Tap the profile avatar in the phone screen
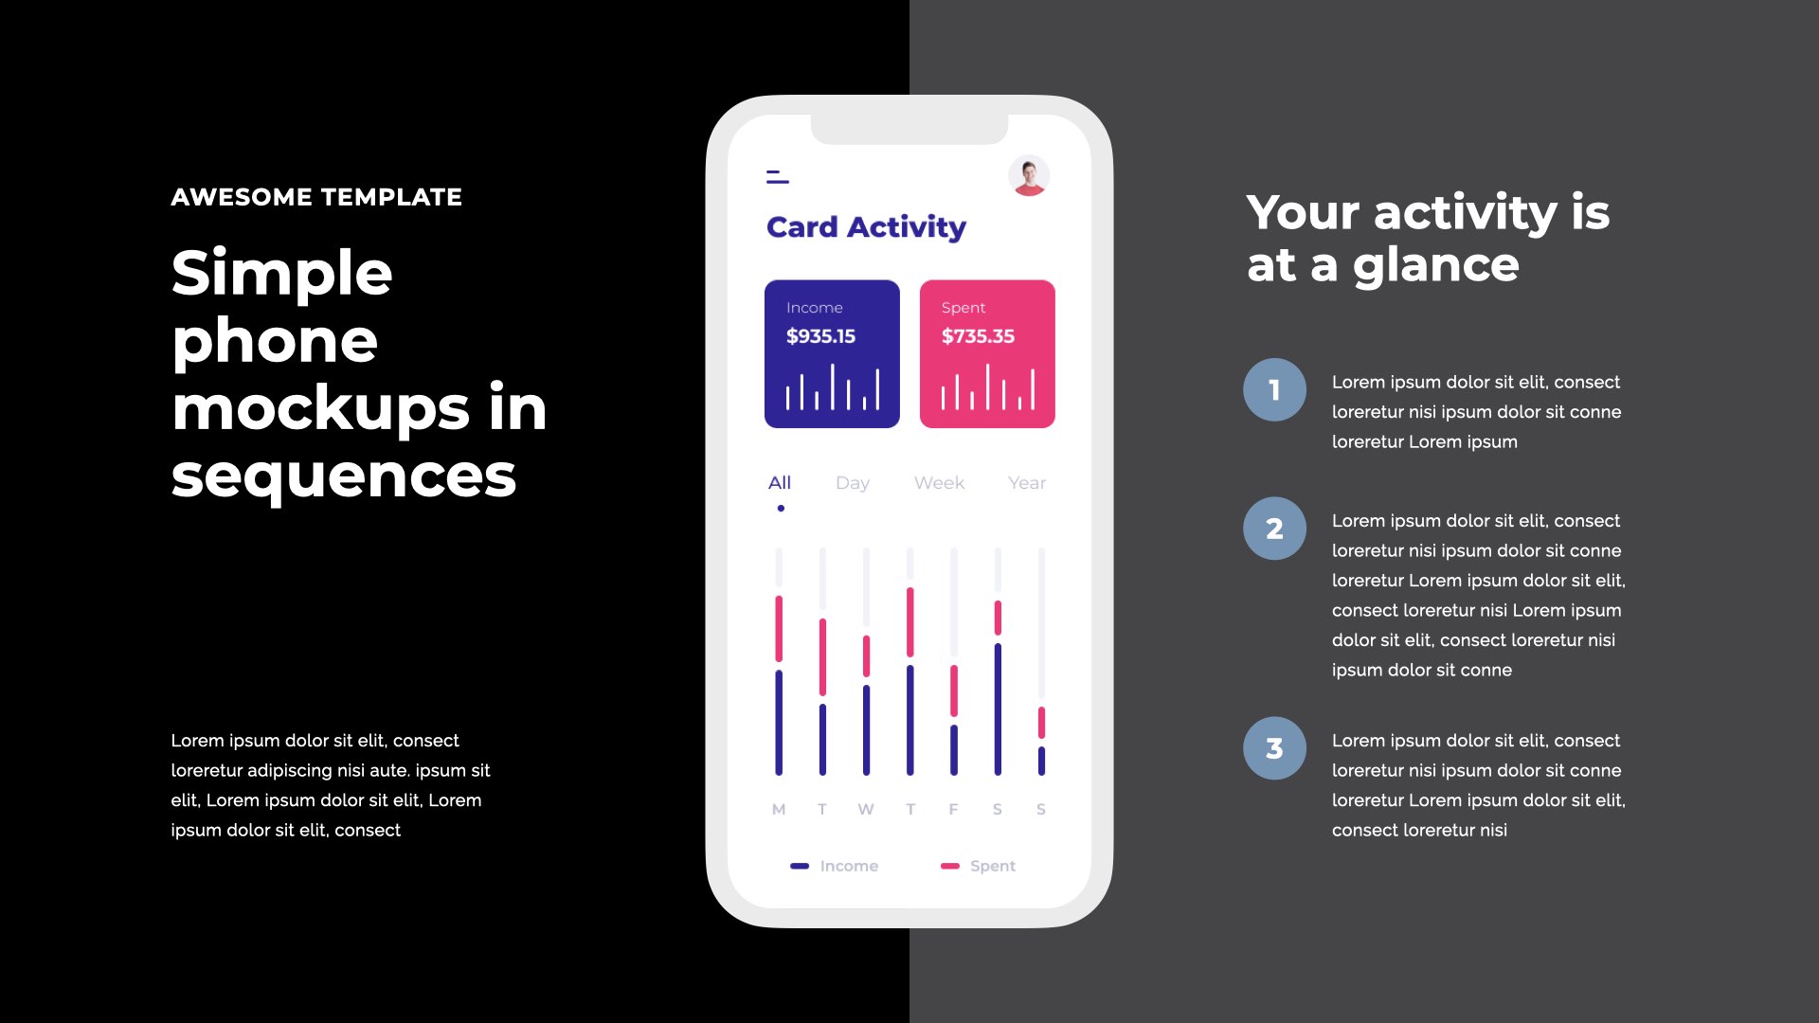click(x=1029, y=176)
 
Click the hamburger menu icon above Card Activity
click(x=778, y=176)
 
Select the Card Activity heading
click(x=866, y=227)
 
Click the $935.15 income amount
click(x=820, y=336)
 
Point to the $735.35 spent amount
click(x=978, y=336)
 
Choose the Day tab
click(x=853, y=483)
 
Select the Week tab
click(x=939, y=483)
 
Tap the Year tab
click(x=1027, y=483)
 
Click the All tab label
click(x=780, y=482)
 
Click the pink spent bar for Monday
click(x=779, y=629)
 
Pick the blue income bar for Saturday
click(x=998, y=709)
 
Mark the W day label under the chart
click(x=866, y=809)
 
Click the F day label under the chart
click(x=954, y=809)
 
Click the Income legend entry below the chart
click(x=835, y=866)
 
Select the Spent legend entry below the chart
click(x=978, y=866)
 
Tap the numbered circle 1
click(x=1274, y=389)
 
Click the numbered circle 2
click(x=1274, y=529)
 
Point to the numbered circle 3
click(x=1274, y=748)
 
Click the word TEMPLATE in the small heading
click(x=391, y=197)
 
